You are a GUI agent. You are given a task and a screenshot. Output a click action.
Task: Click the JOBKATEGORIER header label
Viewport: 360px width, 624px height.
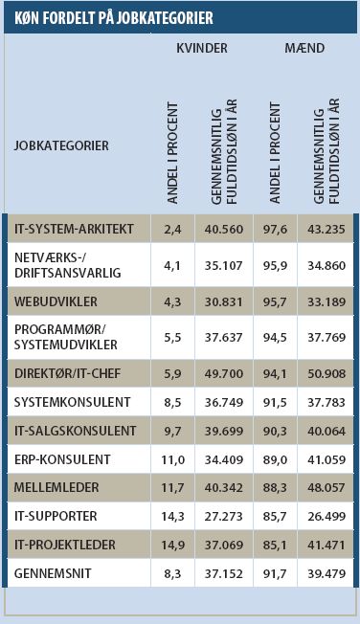click(61, 145)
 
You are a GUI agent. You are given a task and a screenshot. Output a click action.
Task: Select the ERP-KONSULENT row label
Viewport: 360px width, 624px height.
click(62, 458)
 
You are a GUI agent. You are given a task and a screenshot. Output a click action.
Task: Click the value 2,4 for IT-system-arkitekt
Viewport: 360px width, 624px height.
click(173, 229)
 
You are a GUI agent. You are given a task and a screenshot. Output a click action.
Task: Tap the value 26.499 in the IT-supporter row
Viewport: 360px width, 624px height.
click(329, 516)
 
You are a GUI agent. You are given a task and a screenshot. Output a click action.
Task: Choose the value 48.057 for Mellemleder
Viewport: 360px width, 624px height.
click(329, 487)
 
